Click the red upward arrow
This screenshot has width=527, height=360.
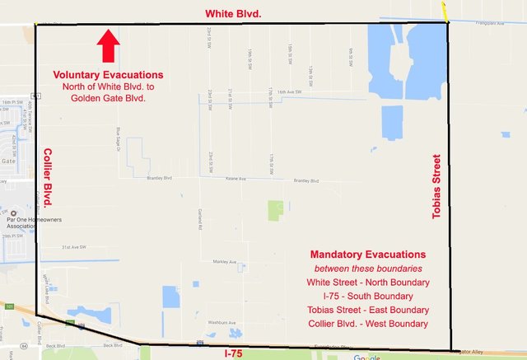point(108,47)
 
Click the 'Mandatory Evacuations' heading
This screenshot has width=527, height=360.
point(368,255)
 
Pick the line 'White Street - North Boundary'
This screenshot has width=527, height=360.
point(368,283)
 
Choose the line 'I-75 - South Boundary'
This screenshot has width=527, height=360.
point(368,297)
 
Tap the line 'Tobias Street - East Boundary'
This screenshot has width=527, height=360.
point(368,311)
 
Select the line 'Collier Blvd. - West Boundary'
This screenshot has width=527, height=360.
point(368,325)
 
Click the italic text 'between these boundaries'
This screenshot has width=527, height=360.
point(368,269)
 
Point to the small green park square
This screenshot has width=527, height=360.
point(275,209)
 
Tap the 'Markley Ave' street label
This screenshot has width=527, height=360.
point(224,261)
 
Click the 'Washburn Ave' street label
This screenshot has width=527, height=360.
point(222,322)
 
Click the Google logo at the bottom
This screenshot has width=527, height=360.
point(368,357)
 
